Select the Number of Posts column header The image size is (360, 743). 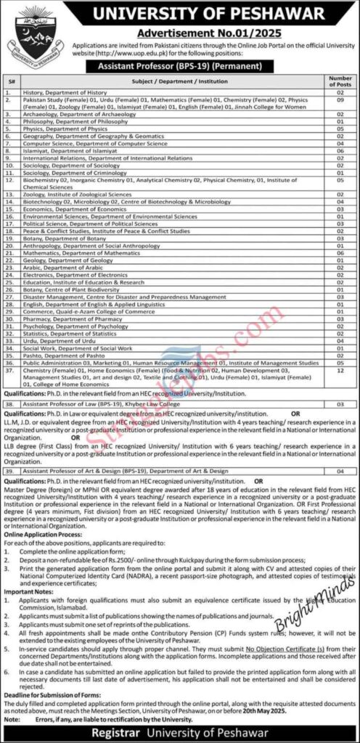340,81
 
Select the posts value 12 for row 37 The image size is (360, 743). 340,369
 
